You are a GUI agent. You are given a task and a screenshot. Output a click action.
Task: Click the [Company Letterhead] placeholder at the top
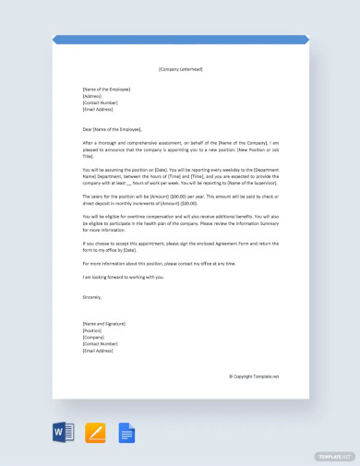180,68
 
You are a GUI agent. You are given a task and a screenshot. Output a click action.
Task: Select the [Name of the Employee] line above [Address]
106,90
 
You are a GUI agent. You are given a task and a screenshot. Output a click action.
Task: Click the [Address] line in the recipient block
92,96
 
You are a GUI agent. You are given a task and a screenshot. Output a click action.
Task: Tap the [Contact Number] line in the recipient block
101,102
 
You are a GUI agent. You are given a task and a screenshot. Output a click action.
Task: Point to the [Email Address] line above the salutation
98,109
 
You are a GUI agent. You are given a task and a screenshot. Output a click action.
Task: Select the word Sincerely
92,297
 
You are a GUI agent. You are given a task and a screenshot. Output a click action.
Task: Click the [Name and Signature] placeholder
105,324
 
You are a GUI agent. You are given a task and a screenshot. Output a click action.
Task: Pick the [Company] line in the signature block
93,338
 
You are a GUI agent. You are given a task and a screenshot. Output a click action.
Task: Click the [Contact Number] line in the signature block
101,344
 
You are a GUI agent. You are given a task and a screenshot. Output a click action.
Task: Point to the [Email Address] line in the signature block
98,351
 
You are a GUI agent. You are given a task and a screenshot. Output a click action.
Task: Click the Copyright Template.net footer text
254,376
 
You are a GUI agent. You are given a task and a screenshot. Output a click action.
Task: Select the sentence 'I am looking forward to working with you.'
123,276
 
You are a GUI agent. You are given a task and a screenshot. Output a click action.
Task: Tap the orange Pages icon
94,431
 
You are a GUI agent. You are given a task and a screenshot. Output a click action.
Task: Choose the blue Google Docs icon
126,431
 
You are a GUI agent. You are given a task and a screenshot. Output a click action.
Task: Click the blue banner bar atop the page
180,40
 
